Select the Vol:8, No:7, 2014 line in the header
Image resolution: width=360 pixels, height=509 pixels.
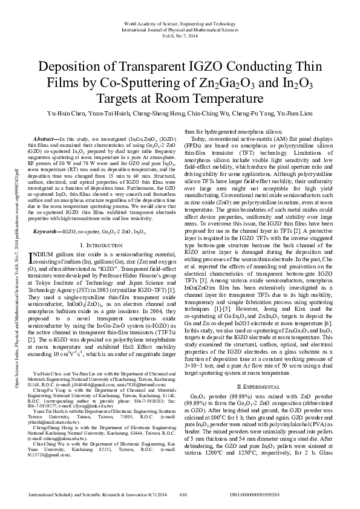(x=180, y=35)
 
